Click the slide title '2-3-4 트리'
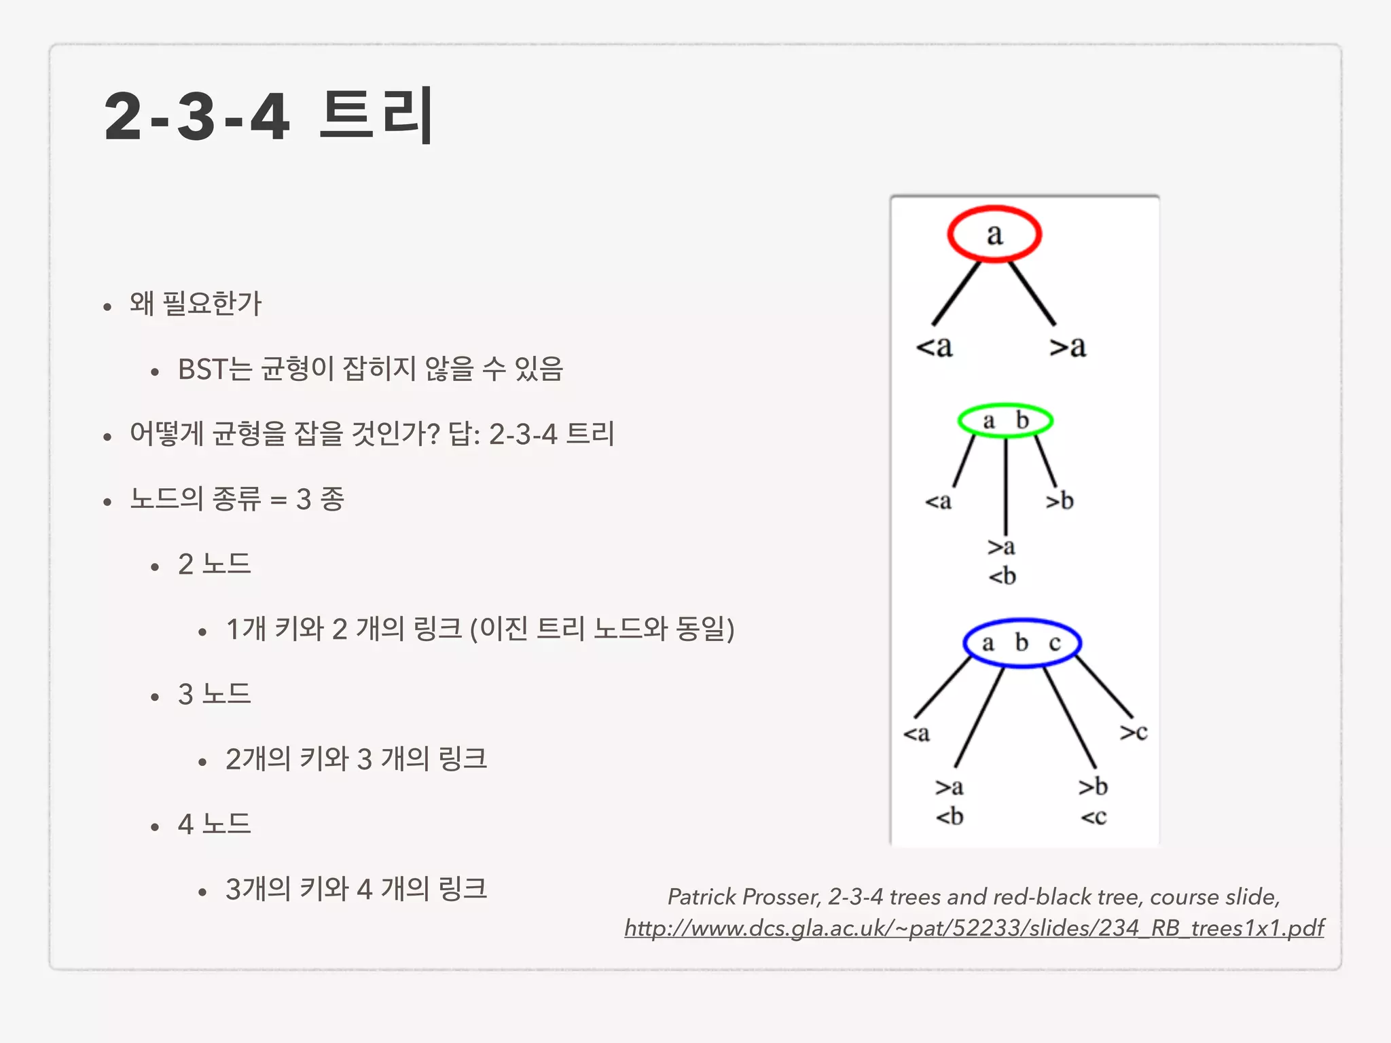(x=269, y=116)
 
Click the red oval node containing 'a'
(x=994, y=234)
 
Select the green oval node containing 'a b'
(x=1005, y=421)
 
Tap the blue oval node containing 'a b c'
(x=1022, y=642)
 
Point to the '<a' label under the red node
(x=934, y=347)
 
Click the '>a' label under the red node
(x=1067, y=347)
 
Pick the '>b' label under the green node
(x=1060, y=501)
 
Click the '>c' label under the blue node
(x=1134, y=732)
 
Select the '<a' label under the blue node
(x=916, y=733)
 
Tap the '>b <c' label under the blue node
(x=1094, y=801)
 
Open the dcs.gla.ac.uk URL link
(x=974, y=928)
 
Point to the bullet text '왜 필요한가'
(x=196, y=304)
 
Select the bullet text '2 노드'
(x=215, y=564)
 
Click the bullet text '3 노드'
(x=215, y=694)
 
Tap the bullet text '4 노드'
(x=215, y=824)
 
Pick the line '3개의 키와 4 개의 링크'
(x=356, y=889)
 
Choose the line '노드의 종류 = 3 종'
(x=237, y=499)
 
